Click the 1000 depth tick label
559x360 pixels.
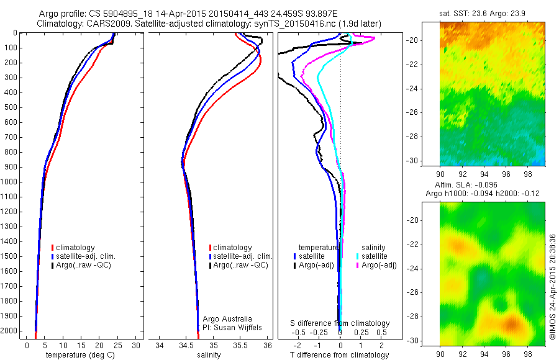coord(9,182)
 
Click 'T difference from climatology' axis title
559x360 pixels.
coord(339,355)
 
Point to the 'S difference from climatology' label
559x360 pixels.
coord(340,323)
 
